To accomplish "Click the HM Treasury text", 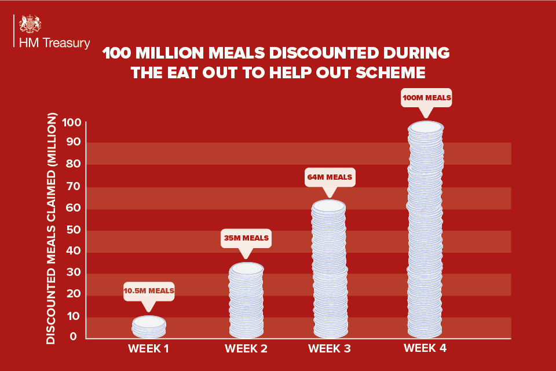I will (x=54, y=43).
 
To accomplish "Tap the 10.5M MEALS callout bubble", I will (x=149, y=290).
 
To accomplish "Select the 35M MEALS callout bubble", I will (x=246, y=238).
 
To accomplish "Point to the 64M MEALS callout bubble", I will (x=329, y=176).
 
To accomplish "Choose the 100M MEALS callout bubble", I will (x=426, y=98).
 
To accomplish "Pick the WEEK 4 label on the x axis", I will (x=425, y=348).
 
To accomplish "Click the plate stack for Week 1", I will (x=149, y=328).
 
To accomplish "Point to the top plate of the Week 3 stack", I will (x=329, y=206).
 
